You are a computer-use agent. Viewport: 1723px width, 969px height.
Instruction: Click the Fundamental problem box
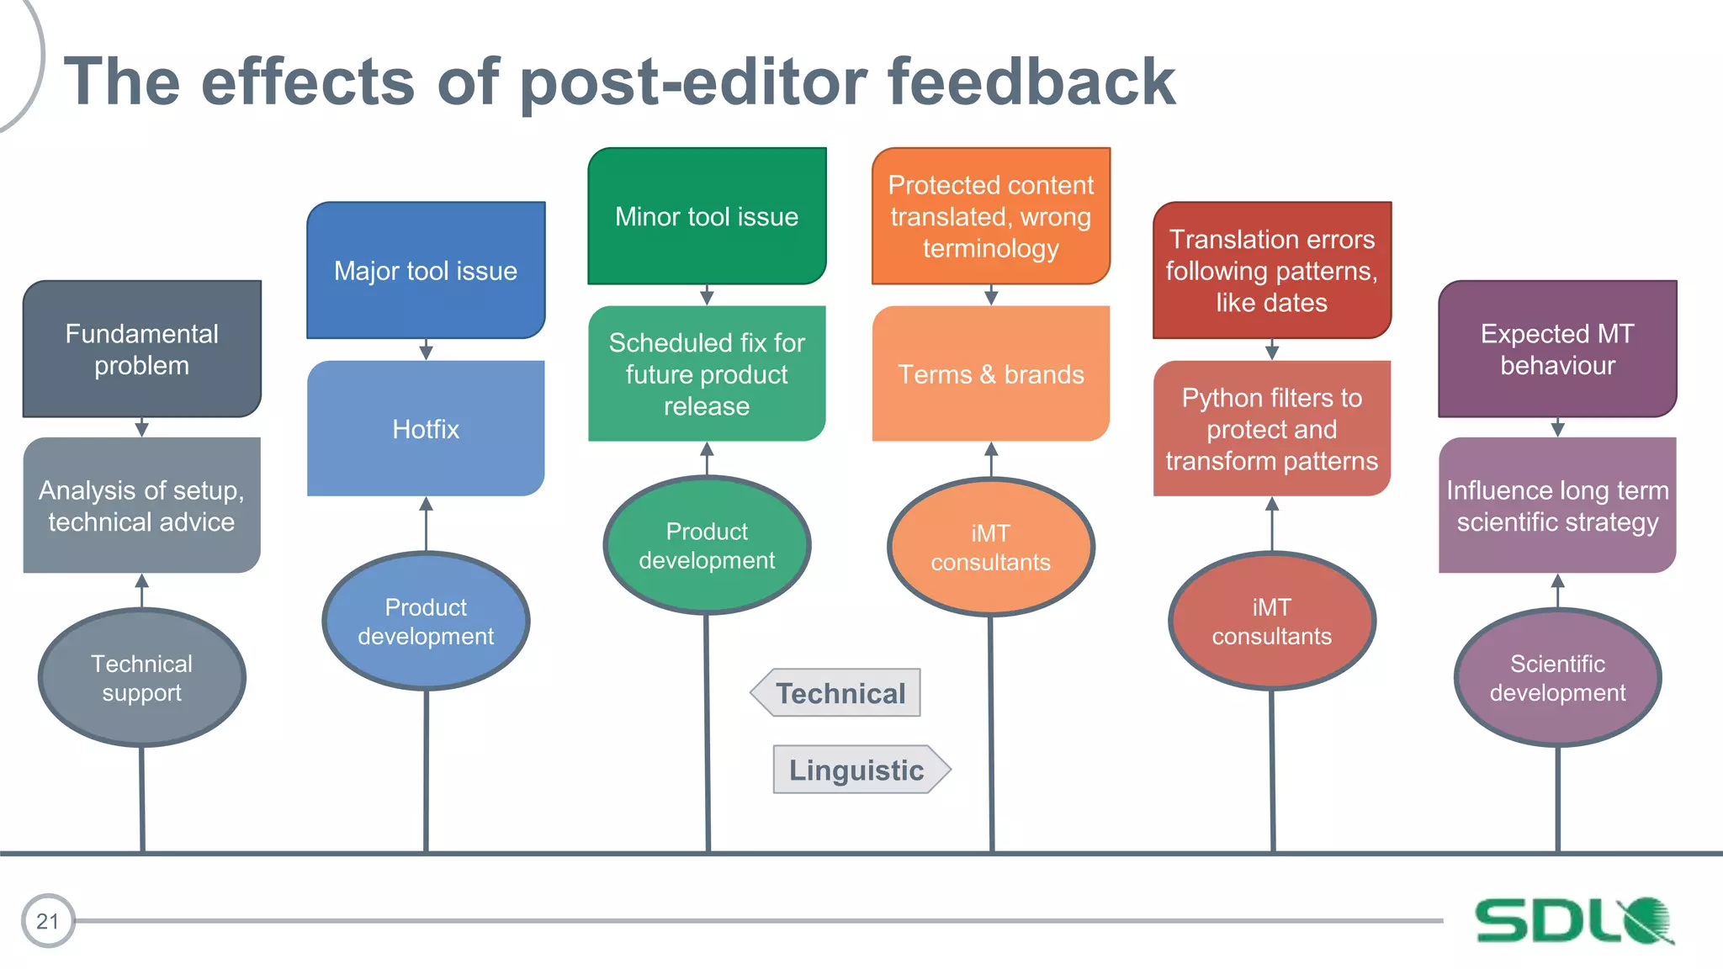pos(141,349)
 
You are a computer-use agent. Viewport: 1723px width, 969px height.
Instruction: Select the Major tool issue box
pos(426,270)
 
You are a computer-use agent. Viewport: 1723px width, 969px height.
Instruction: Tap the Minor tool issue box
pos(707,216)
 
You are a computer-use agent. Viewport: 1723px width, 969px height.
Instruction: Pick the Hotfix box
pos(426,428)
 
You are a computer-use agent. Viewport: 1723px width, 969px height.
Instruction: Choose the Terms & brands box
pos(991,373)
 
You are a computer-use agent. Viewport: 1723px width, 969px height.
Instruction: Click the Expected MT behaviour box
pos(1557,349)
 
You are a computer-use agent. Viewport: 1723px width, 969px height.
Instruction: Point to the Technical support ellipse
pos(141,677)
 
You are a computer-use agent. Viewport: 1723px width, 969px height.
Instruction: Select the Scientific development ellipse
pos(1557,677)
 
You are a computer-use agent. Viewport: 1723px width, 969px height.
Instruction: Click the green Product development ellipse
pos(707,545)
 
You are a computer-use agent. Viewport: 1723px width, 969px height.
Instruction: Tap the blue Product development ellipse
pos(426,621)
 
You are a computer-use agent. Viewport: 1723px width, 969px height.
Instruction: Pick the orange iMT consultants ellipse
pos(991,547)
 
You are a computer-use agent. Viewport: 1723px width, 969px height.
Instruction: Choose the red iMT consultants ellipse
pos(1272,621)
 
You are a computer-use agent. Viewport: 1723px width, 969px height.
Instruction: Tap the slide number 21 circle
pos(48,921)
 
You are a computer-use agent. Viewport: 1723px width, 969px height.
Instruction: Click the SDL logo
pos(1573,920)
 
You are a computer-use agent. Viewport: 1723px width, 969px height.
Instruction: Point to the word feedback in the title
pos(1031,82)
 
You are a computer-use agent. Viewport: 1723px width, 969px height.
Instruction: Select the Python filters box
pos(1272,428)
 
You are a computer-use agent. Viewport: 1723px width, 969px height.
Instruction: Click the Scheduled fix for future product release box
pos(707,373)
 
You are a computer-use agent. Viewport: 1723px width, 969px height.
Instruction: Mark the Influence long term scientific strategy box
pos(1557,505)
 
